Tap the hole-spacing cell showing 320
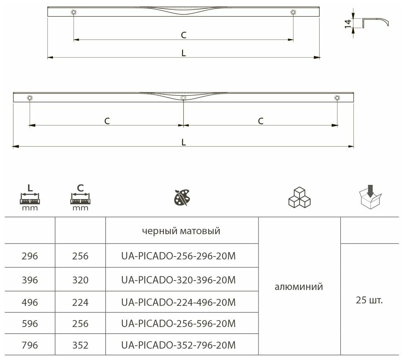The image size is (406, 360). coord(80,280)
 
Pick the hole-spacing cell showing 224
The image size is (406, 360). coord(80,302)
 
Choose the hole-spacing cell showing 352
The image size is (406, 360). coord(80,345)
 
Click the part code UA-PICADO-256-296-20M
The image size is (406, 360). coord(179,256)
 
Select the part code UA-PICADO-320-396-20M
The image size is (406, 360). coord(179,280)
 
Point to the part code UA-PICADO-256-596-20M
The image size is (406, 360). coord(179,323)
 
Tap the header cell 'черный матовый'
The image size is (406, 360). coord(181,231)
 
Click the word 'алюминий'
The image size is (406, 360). coord(299,287)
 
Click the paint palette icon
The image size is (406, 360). coord(182,198)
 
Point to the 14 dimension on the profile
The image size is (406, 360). coord(348,23)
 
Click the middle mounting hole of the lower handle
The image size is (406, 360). coord(183,98)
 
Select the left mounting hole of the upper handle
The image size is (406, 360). coord(73,13)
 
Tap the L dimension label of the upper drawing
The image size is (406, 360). coord(184,53)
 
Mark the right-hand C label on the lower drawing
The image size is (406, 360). coord(260,121)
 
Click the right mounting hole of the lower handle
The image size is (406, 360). coord(337,98)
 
